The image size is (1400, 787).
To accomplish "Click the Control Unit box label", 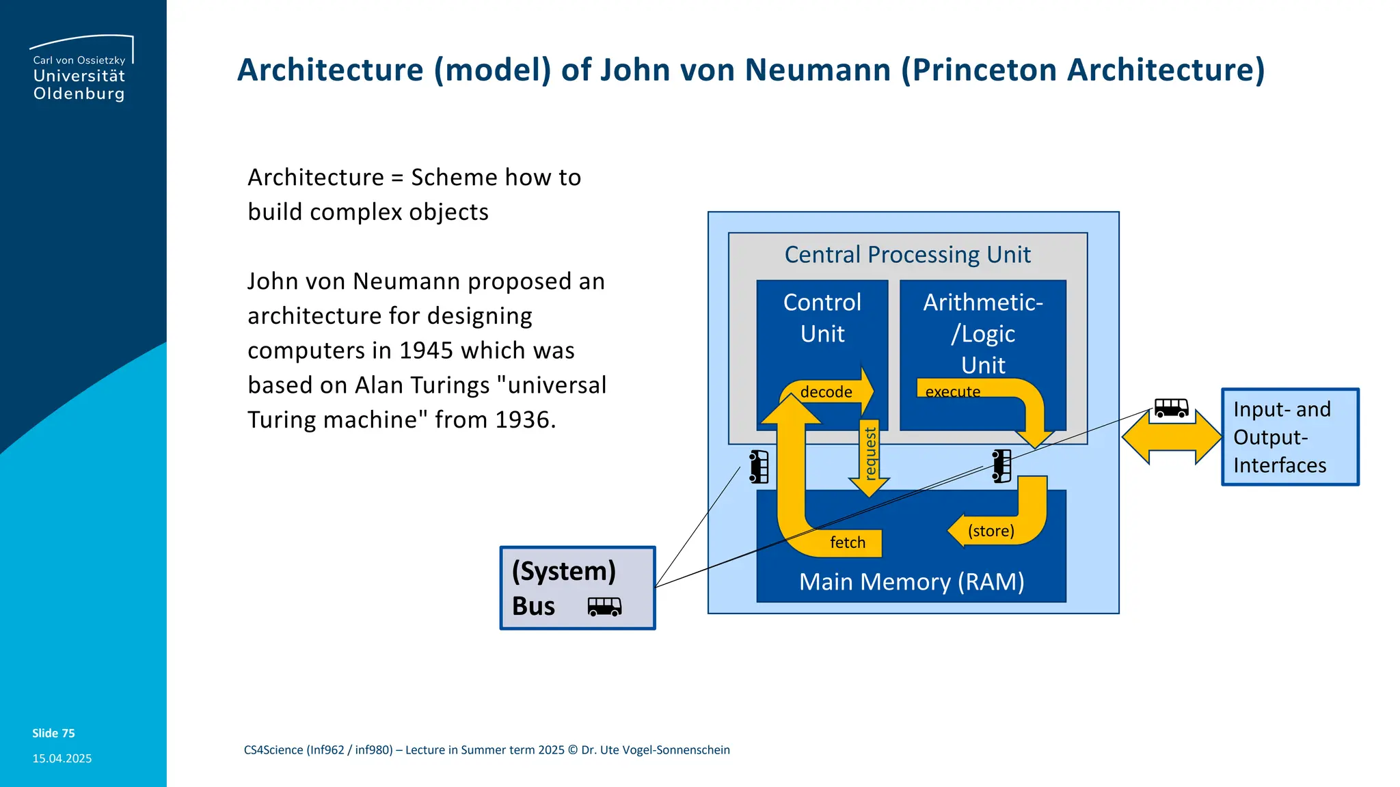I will (822, 318).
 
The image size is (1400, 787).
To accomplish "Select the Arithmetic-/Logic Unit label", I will (983, 333).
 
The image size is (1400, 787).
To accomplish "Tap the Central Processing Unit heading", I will (907, 255).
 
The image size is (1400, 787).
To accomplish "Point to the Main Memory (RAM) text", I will (911, 582).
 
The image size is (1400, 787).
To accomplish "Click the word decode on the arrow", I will (826, 392).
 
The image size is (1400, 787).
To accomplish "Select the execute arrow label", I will (952, 392).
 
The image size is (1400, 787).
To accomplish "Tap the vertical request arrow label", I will (870, 454).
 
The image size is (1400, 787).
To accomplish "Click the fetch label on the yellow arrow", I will (848, 542).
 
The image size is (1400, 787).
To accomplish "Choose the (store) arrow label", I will (991, 531).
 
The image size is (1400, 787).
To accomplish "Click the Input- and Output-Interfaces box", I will (1289, 437).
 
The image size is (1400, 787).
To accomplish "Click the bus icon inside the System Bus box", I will (604, 607).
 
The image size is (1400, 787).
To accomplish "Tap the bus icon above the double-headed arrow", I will (1171, 409).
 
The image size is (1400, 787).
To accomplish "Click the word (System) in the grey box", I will (563, 571).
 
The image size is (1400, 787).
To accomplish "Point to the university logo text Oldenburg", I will (79, 94).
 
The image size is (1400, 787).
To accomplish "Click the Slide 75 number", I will (53, 733).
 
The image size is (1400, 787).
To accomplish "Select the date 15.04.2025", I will (62, 758).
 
